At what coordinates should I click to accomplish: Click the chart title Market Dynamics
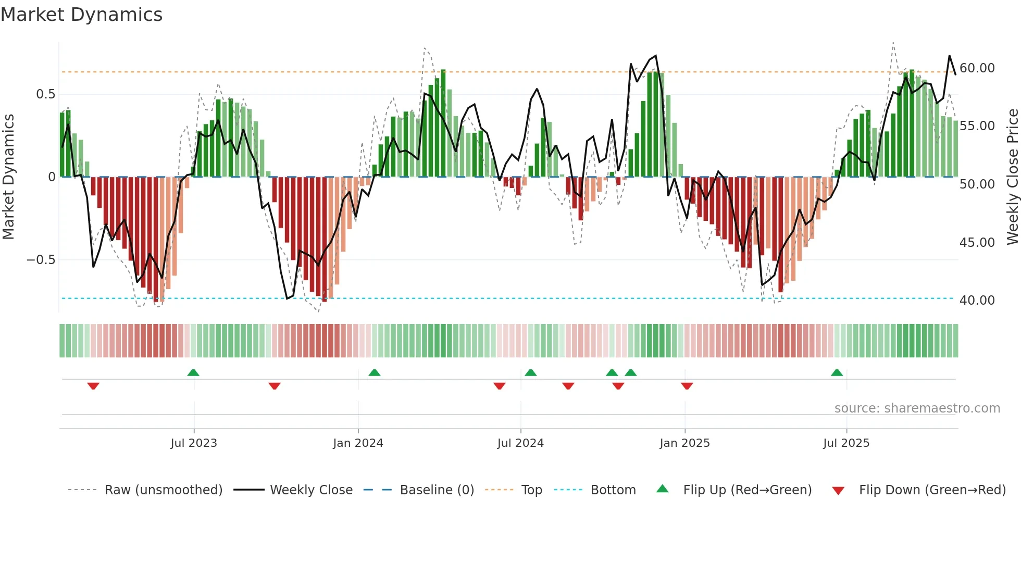click(x=81, y=15)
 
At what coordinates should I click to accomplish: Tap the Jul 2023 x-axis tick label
click(x=194, y=443)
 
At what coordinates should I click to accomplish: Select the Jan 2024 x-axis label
click(x=358, y=443)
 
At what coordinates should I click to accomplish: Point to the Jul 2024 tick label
click(x=520, y=443)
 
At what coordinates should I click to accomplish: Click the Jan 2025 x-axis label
click(x=684, y=443)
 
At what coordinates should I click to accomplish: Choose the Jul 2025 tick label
click(x=846, y=443)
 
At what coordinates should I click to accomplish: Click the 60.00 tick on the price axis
click(x=977, y=68)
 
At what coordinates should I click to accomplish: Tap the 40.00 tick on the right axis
click(x=977, y=301)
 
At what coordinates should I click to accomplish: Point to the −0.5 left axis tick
click(x=41, y=260)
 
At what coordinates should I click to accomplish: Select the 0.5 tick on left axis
click(x=45, y=94)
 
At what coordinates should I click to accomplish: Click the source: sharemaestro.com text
click(x=917, y=408)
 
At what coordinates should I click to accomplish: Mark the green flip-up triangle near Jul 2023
click(x=193, y=372)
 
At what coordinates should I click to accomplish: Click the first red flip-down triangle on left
click(x=93, y=386)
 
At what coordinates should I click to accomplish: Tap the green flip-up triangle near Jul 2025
click(x=837, y=372)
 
